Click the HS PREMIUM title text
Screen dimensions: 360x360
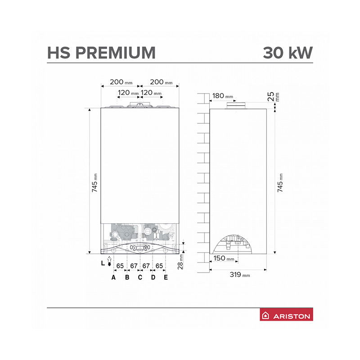102,53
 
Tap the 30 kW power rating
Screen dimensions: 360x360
288,53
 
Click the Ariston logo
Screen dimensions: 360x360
286,314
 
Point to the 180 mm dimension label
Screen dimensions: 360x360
223,96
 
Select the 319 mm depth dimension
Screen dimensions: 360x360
240,274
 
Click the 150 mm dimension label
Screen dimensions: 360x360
224,258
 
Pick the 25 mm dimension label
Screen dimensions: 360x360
274,97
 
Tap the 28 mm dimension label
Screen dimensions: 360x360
181,261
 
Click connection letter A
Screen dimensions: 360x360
113,277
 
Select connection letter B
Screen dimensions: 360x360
127,277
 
